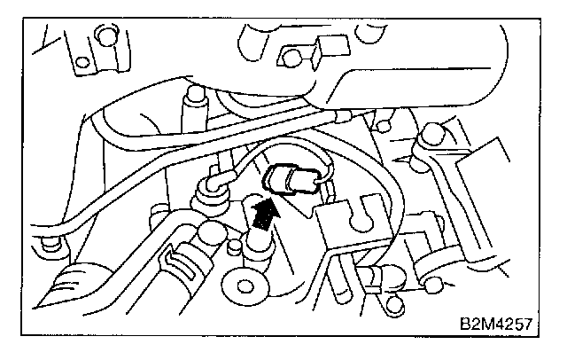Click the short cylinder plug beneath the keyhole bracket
click(x=372, y=278)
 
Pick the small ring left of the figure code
click(x=431, y=286)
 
